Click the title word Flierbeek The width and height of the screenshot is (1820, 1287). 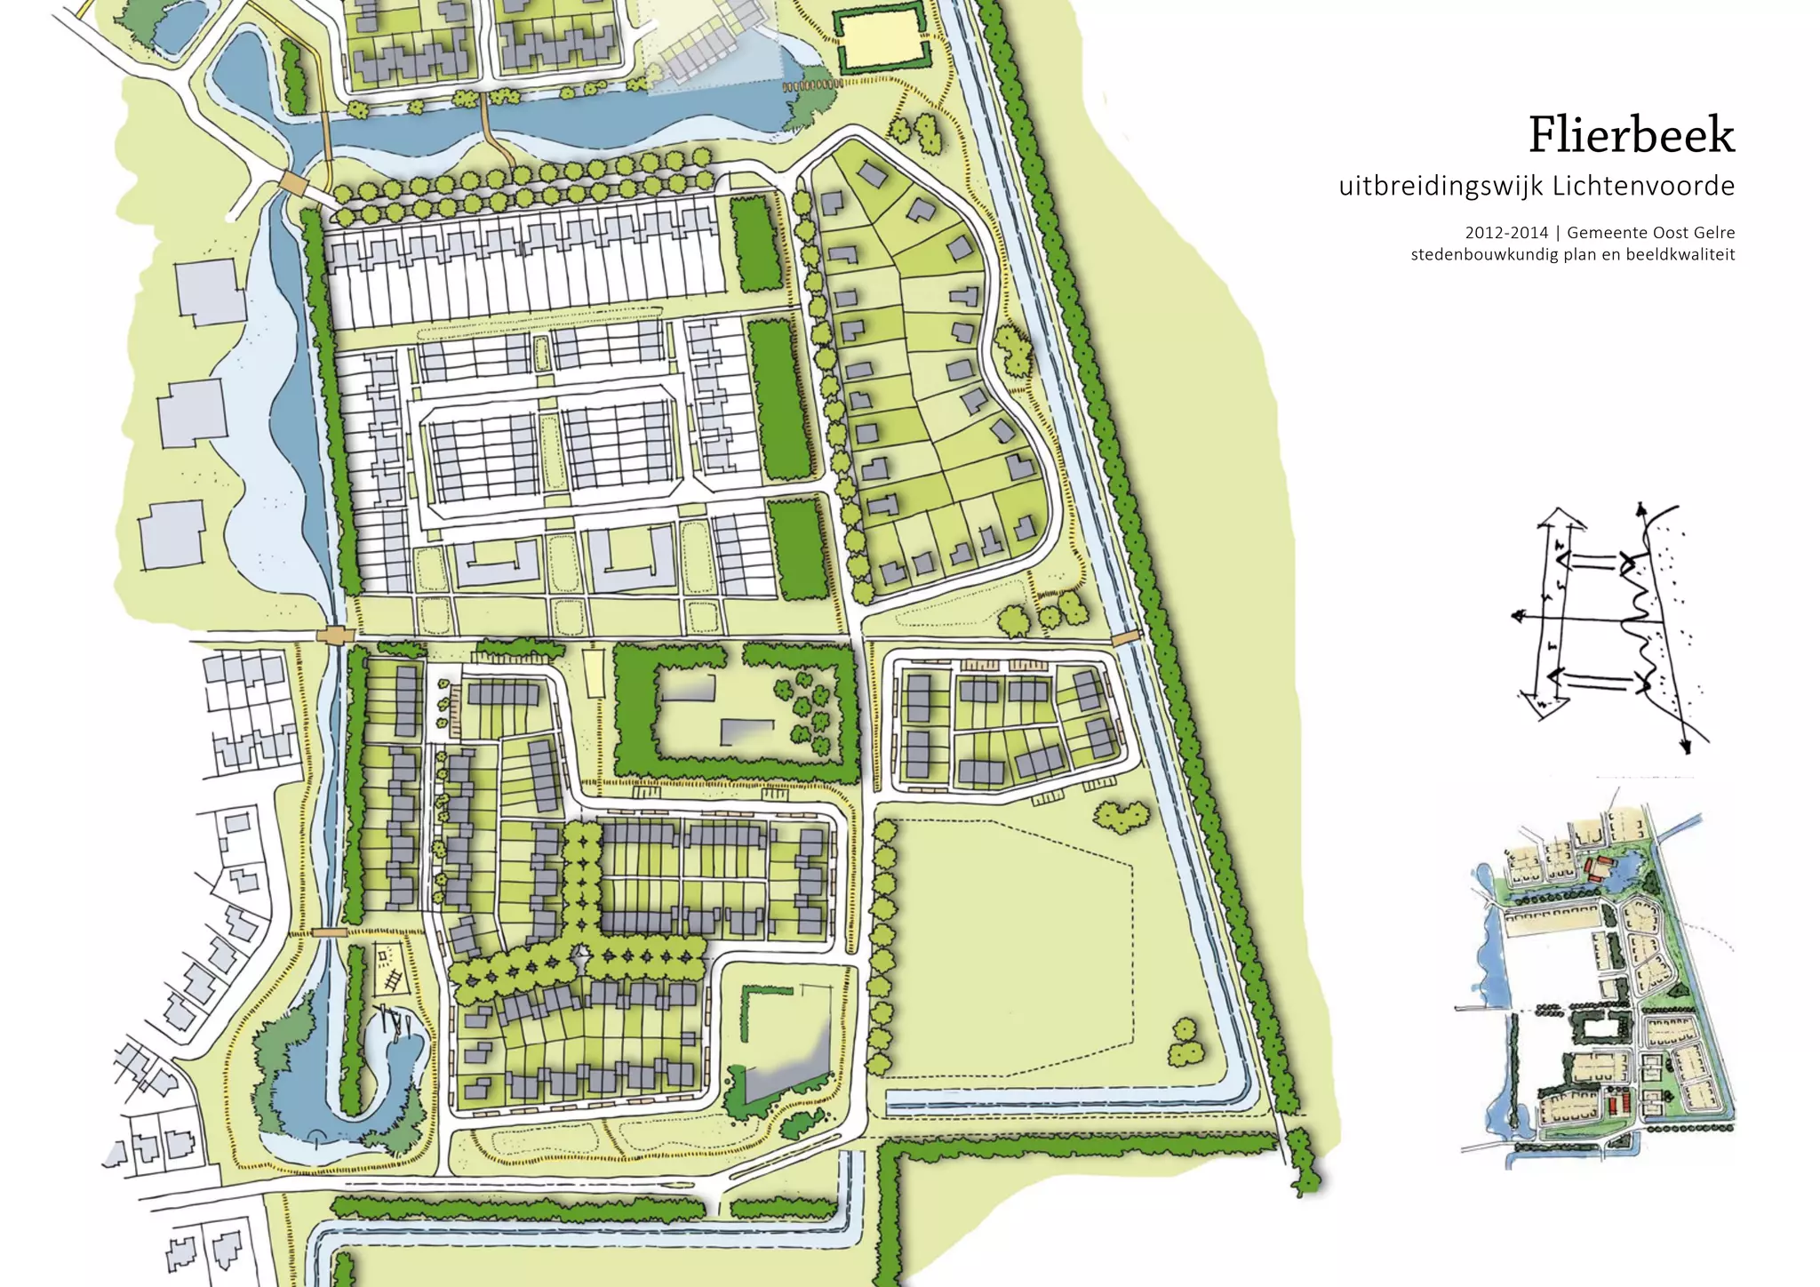1631,136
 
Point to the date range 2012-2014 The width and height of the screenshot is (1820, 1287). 1506,233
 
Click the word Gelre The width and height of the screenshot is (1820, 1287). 1712,233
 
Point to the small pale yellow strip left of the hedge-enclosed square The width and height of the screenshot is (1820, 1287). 593,673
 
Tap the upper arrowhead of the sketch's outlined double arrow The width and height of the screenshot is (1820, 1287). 1561,516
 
